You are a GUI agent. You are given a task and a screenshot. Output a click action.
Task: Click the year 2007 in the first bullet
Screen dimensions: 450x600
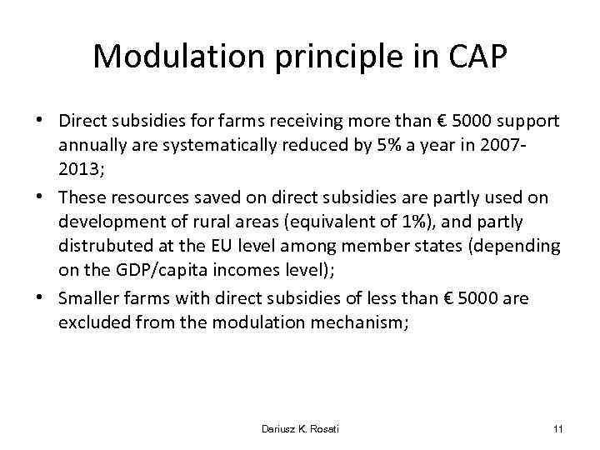pyautogui.click(x=527, y=144)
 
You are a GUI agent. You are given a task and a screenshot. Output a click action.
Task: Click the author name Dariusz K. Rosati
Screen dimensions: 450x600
pyautogui.click(x=299, y=428)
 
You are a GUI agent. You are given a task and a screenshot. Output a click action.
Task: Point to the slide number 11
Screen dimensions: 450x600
pyautogui.click(x=557, y=428)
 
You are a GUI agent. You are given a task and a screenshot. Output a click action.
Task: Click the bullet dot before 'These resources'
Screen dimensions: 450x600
pyautogui.click(x=42, y=195)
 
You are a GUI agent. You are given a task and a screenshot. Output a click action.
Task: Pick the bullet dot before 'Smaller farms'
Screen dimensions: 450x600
pyautogui.click(x=42, y=298)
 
